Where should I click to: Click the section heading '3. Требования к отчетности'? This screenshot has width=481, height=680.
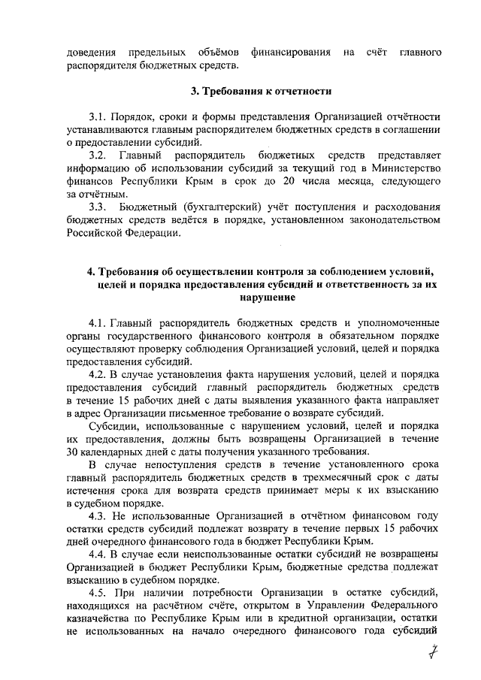coord(261,92)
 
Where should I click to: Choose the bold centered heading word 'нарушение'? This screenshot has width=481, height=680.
coord(261,298)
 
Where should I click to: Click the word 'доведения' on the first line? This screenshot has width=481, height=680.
coord(91,53)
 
